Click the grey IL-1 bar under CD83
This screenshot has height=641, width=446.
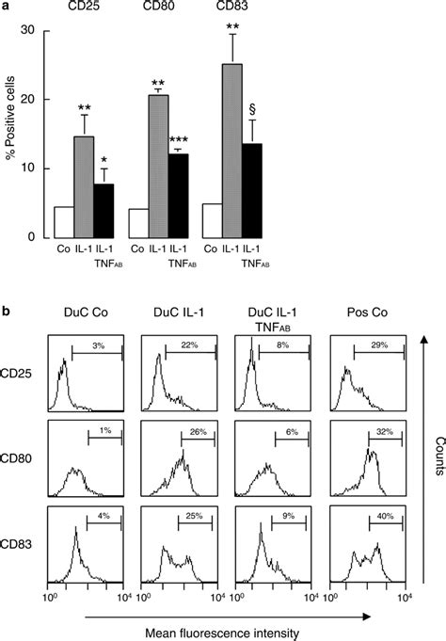229,151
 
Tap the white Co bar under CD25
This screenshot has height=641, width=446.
64,222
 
